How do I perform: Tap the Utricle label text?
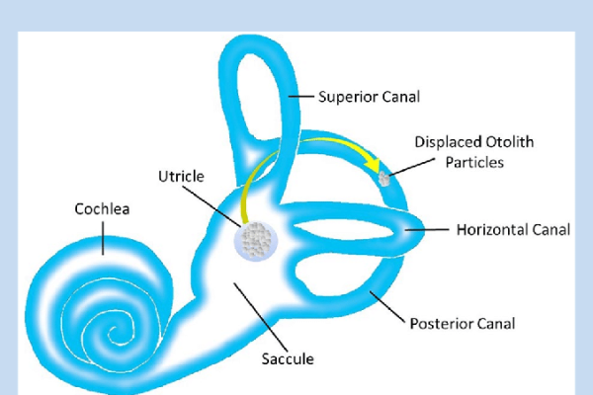tap(181, 176)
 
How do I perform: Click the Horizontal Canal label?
tap(513, 230)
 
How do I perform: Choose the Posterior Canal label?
tap(462, 323)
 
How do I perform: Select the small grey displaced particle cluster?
tap(385, 180)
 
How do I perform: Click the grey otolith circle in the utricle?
tap(258, 238)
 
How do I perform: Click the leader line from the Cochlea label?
tap(102, 236)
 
